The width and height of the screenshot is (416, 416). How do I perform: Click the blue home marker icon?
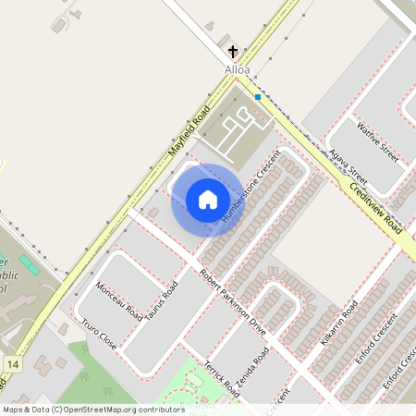pos(208,200)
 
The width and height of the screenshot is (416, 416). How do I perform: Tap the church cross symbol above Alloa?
pos(234,52)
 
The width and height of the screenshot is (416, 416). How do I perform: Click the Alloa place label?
pos(238,68)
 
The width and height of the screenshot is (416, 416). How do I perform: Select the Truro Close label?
pos(99,334)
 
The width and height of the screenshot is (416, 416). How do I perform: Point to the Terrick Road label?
pos(222,377)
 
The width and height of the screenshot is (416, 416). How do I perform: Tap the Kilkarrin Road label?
pos(337,323)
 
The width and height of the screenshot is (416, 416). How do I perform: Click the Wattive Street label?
pos(377,142)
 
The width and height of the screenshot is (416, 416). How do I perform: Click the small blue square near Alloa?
pos(257,96)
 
